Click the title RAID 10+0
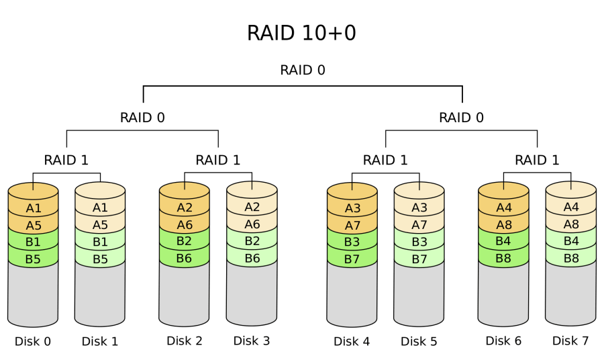point(301,33)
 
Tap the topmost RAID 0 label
point(303,70)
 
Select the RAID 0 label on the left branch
point(142,118)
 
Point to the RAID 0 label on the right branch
point(461,118)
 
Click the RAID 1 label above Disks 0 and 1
point(66,160)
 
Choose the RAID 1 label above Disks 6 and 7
point(537,160)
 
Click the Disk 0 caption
point(33,341)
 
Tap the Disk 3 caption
point(252,341)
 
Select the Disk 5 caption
point(419,341)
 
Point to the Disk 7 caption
point(570,341)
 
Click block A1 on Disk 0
point(34,208)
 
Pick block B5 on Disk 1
point(100,259)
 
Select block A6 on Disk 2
point(185,225)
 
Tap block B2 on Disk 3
point(252,241)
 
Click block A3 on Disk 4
point(352,208)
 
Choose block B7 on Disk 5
point(419,259)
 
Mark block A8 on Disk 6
point(503,225)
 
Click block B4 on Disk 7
point(570,241)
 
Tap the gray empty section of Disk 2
point(185,292)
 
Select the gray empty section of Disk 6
point(503,292)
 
